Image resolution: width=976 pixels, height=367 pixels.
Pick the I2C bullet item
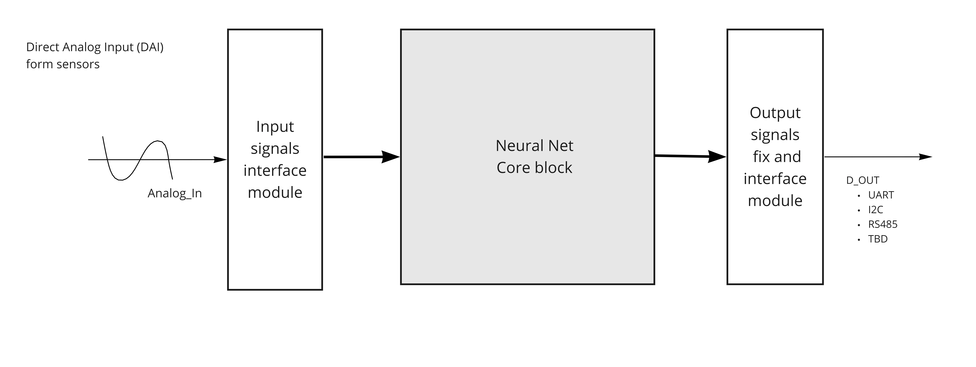point(876,210)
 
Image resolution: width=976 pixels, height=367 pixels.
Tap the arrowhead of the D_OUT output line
point(926,157)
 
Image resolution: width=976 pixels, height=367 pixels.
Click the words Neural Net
point(534,146)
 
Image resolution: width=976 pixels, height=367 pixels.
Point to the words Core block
point(534,168)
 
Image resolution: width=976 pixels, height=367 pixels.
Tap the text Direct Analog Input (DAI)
point(95,47)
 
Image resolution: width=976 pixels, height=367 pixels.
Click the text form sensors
point(63,64)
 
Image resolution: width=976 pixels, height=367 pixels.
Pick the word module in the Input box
point(275,193)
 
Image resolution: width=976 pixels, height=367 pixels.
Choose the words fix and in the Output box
point(777,157)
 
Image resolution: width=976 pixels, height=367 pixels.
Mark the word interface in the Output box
point(775,179)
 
